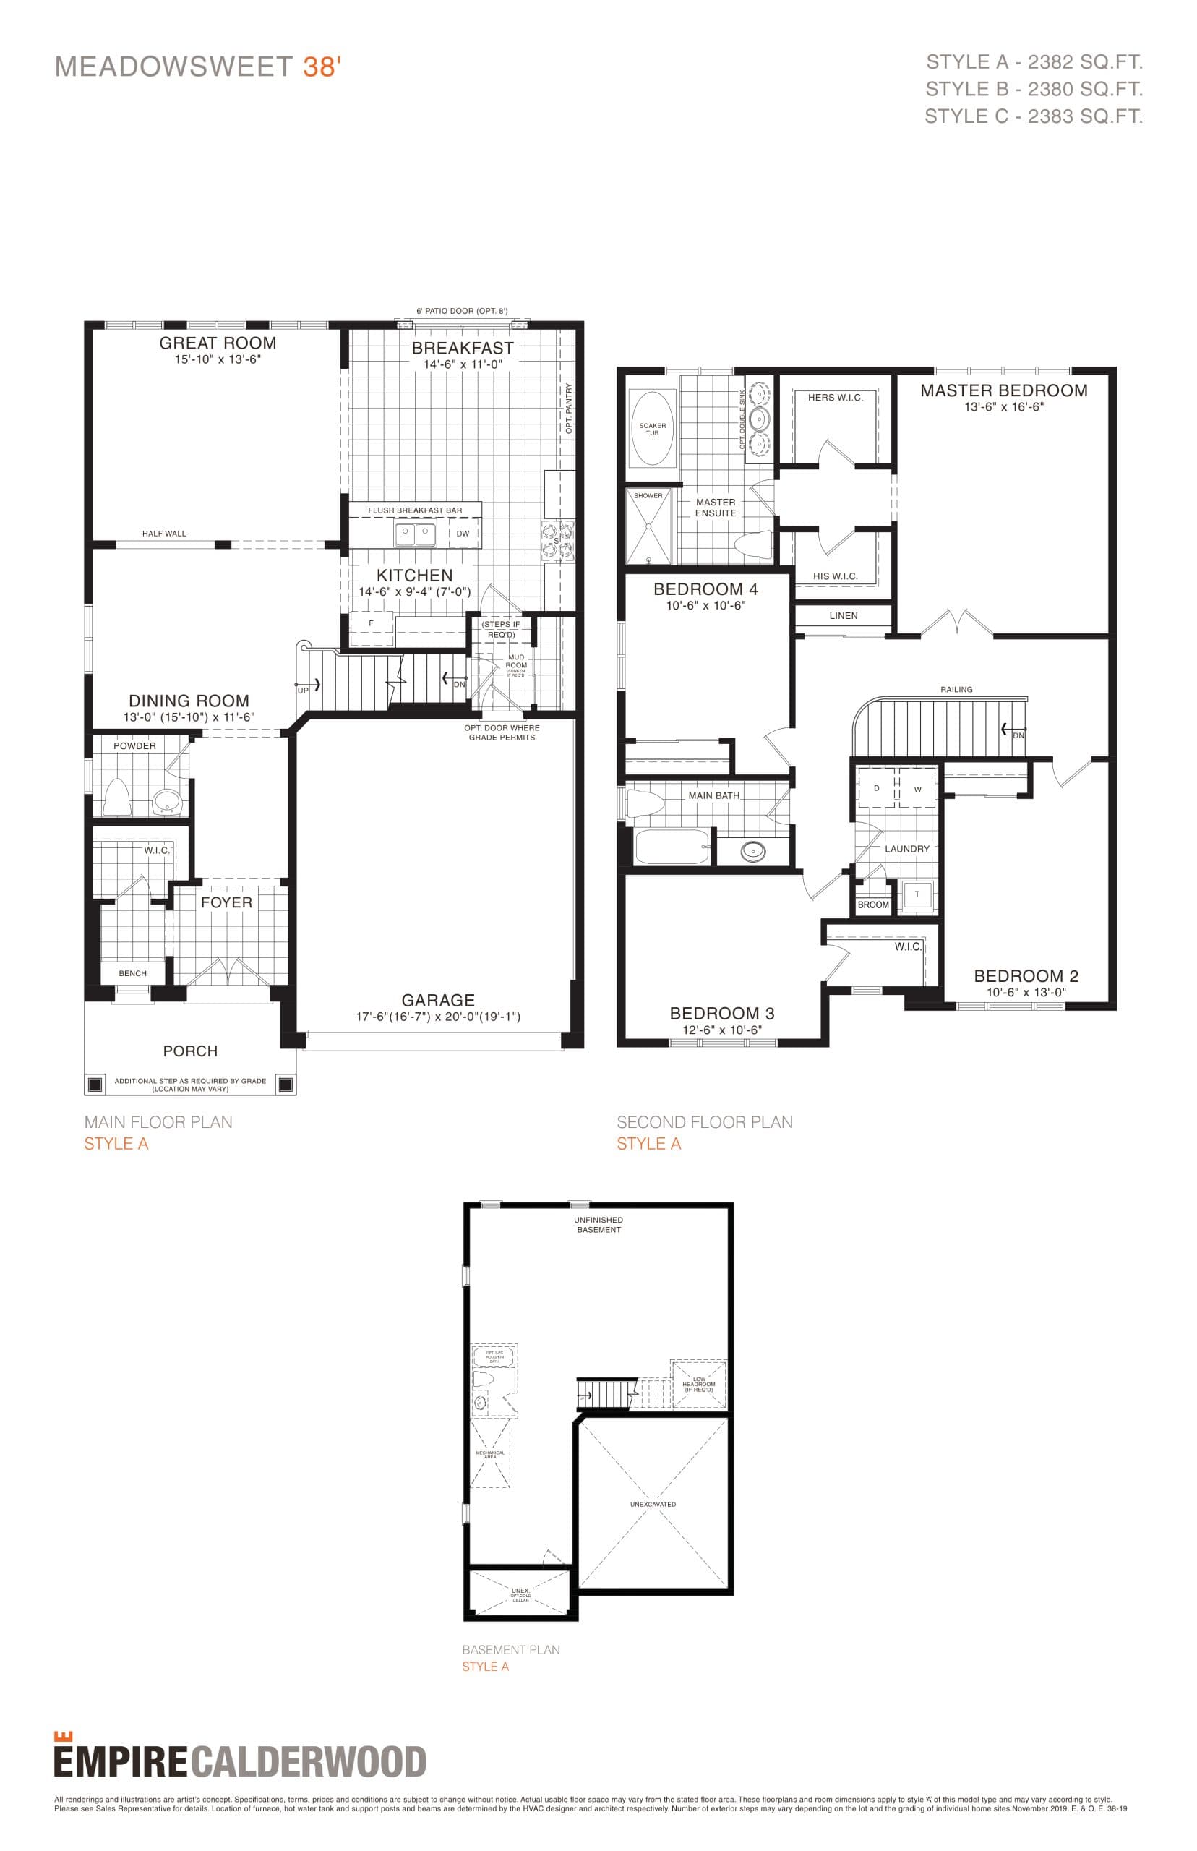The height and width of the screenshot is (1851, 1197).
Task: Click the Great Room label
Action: [x=218, y=343]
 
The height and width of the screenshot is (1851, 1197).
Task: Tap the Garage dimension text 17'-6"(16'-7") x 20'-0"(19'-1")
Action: [x=437, y=1017]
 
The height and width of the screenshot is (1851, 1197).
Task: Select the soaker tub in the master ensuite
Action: [x=653, y=428]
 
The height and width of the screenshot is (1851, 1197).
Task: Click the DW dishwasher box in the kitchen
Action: [x=463, y=534]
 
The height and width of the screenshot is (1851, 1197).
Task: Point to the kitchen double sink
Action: [x=414, y=535]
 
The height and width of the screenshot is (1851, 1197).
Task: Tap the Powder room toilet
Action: [x=116, y=796]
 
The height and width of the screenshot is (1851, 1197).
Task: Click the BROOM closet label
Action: [x=873, y=905]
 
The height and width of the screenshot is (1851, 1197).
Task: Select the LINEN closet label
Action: [x=844, y=616]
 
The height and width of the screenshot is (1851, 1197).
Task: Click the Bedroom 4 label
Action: [x=705, y=589]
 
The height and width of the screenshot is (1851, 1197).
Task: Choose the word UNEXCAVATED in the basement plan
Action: [x=653, y=1504]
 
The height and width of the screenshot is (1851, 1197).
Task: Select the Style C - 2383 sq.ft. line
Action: [x=1033, y=116]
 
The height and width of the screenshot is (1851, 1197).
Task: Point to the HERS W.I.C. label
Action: [x=835, y=397]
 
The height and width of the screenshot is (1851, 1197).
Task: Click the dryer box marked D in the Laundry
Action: [x=876, y=788]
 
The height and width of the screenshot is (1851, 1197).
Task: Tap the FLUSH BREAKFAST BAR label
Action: [x=414, y=510]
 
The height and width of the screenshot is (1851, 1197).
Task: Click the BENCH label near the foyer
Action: [x=132, y=973]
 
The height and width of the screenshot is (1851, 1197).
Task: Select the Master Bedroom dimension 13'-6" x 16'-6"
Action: [x=1003, y=406]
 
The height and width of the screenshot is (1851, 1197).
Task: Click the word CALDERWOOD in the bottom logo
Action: [x=309, y=1762]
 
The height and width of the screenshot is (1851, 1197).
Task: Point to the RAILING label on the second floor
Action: [x=956, y=690]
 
